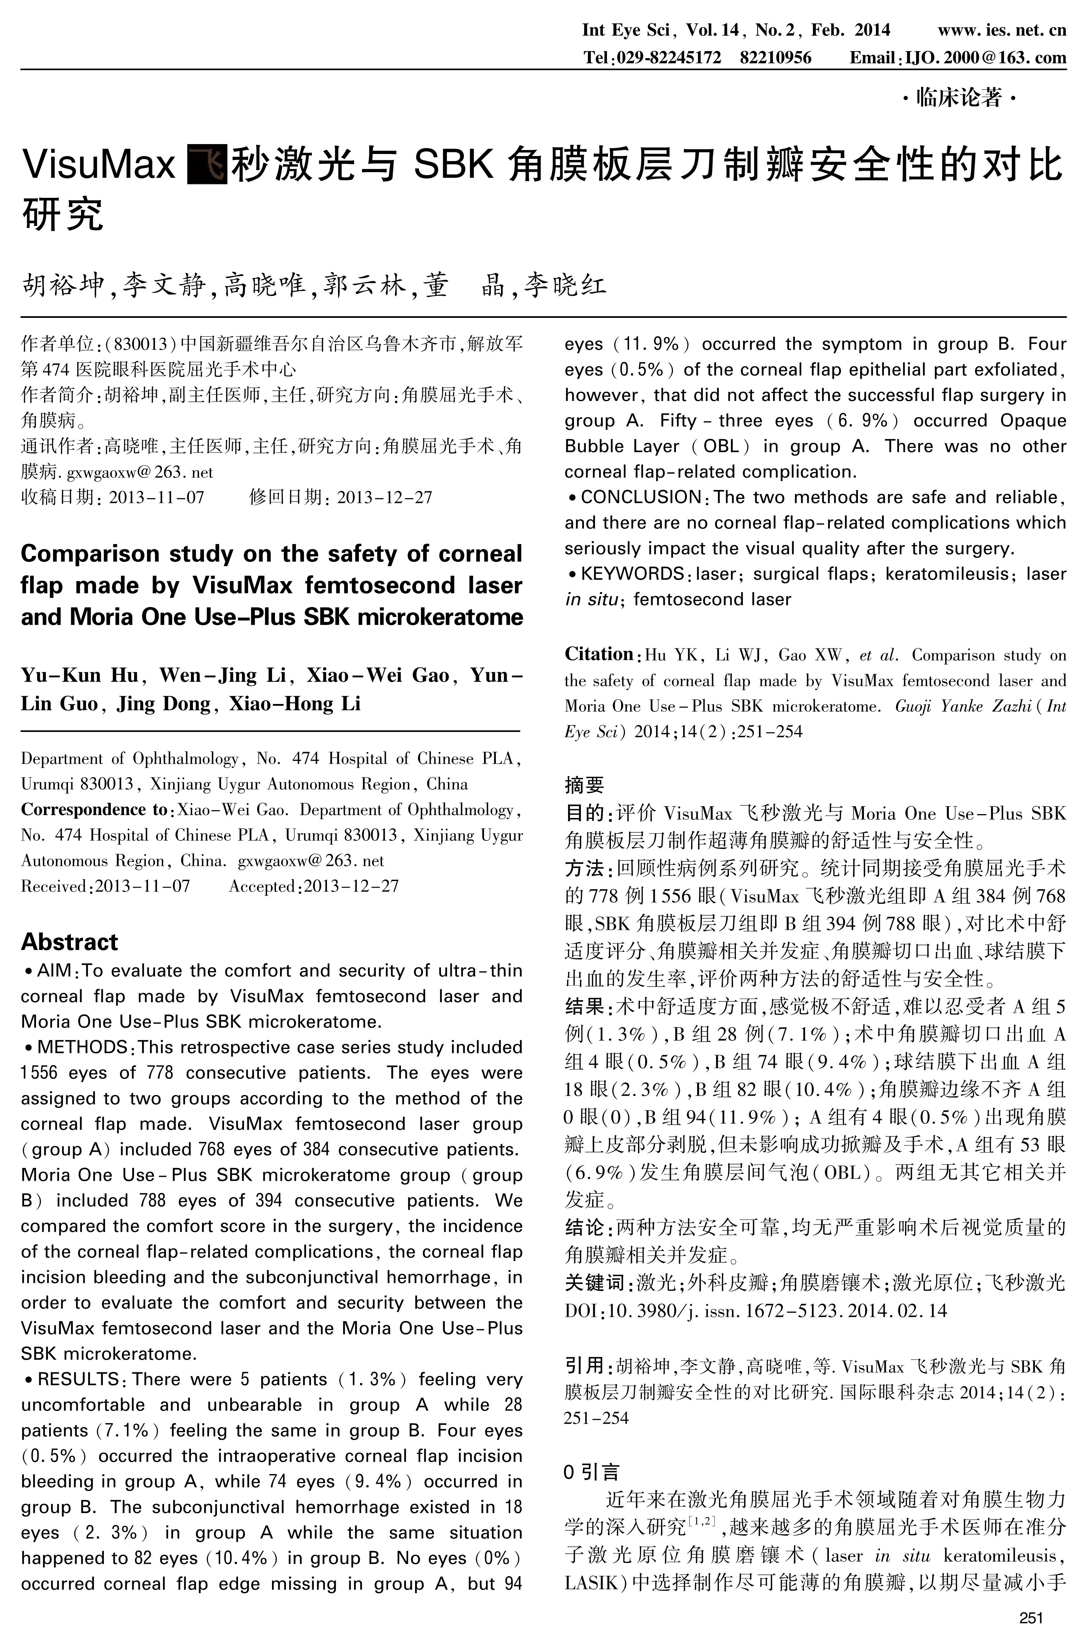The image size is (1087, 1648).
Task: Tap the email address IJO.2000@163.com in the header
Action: [x=984, y=58]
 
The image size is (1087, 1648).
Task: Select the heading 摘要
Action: [x=585, y=785]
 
